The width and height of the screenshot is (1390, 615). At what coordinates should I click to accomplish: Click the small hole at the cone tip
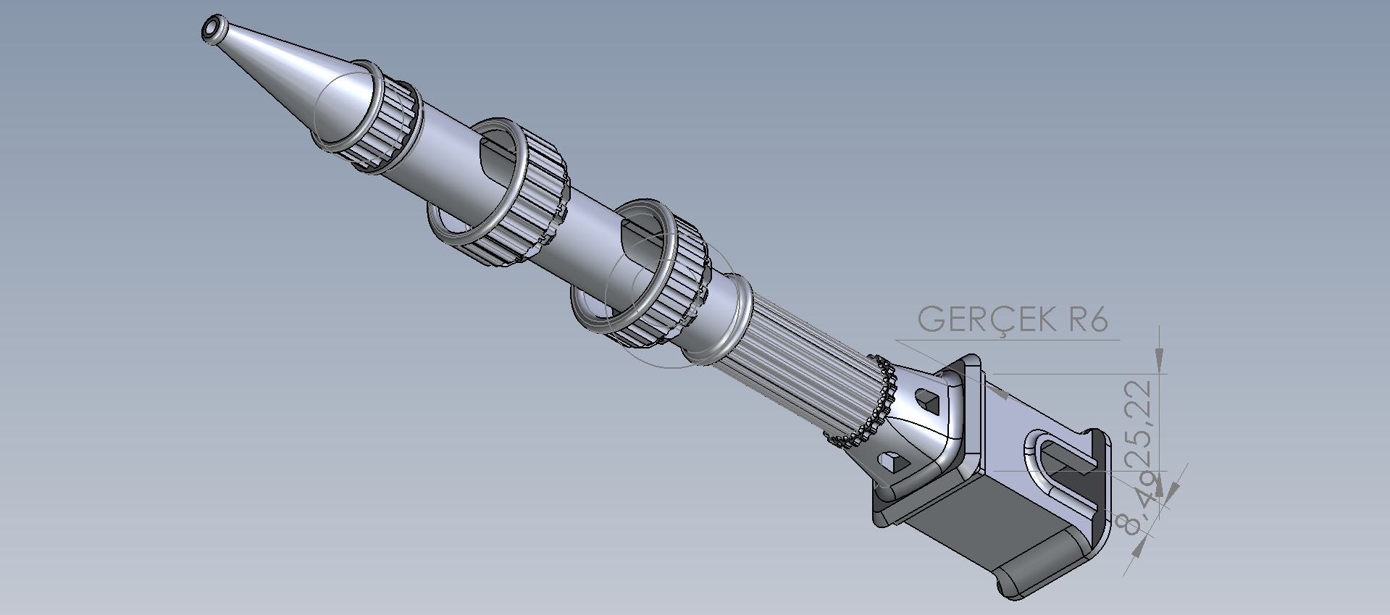pos(213,28)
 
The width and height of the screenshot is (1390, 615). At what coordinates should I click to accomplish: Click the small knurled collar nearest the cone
pos(377,120)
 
